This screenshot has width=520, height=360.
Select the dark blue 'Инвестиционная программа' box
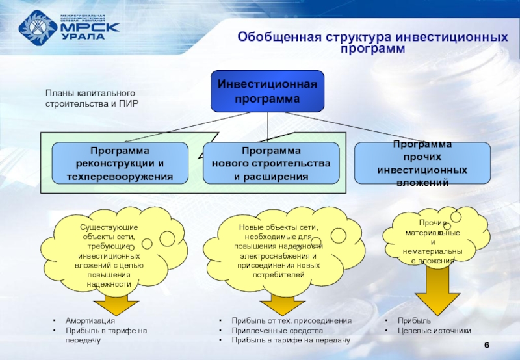(267, 92)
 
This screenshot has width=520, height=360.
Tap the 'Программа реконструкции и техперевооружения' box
(120, 163)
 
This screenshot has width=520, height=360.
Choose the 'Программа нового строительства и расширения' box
(271, 163)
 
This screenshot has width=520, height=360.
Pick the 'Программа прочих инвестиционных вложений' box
(422, 163)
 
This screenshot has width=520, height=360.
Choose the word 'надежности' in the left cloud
(108, 284)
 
